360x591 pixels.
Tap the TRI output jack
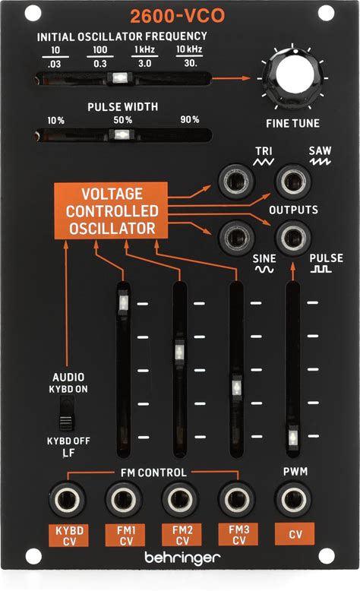click(236, 182)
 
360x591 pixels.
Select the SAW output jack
click(293, 182)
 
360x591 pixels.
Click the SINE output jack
click(236, 238)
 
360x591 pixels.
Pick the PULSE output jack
click(293, 238)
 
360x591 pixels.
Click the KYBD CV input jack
click(67, 499)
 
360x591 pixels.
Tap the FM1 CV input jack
click(123, 499)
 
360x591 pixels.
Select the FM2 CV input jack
click(180, 499)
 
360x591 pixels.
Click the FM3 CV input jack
click(237, 499)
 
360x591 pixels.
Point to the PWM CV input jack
click(294, 499)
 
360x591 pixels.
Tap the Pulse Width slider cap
click(121, 134)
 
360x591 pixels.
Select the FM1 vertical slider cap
click(123, 302)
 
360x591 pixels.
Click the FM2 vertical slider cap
click(179, 352)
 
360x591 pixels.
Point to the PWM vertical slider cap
click(293, 438)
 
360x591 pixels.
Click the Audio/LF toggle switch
click(67, 414)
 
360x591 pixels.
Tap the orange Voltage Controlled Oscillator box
click(111, 210)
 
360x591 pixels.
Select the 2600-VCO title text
click(177, 16)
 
